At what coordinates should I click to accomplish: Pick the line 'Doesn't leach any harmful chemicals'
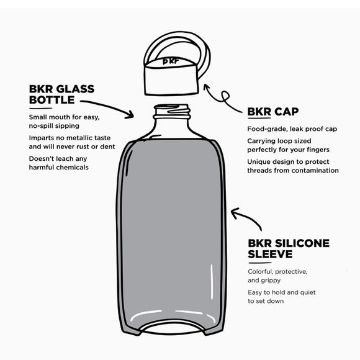(x=59, y=163)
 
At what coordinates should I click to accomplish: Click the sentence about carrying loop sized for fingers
(x=288, y=145)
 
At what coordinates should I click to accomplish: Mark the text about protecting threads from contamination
(x=292, y=166)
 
